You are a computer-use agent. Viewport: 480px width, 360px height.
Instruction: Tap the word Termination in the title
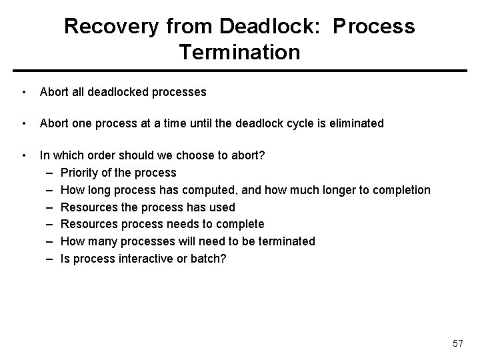tap(239, 51)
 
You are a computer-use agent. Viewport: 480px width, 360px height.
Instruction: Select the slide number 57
tap(457, 343)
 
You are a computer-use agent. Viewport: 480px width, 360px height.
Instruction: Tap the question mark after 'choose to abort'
tap(263, 155)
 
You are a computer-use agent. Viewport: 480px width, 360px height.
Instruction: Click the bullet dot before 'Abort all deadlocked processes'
tap(24, 92)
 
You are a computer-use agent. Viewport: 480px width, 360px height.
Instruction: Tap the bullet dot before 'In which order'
tap(24, 155)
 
